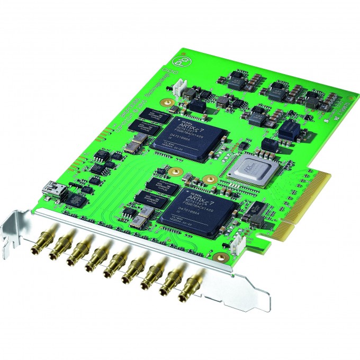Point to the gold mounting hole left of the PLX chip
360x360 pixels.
pos(210,179)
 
